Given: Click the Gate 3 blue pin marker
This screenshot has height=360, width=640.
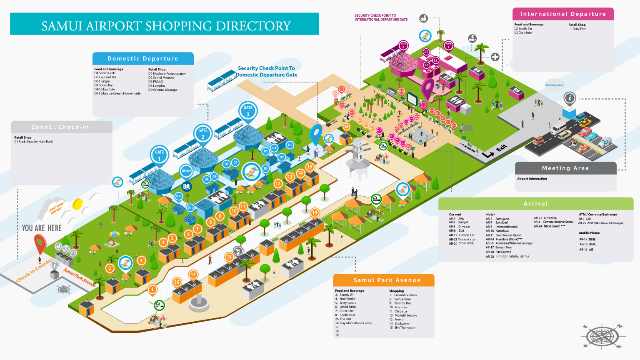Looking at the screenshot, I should (x=248, y=111).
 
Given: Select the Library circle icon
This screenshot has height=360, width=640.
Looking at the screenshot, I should (x=186, y=170).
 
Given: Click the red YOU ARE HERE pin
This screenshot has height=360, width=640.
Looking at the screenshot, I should (x=40, y=243).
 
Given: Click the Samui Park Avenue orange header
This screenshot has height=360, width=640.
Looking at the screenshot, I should (x=384, y=280).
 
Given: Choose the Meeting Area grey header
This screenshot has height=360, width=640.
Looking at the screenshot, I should (x=565, y=168).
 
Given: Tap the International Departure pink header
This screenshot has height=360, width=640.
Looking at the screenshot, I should (x=563, y=14).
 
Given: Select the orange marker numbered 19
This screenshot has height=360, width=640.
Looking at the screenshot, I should (x=315, y=213).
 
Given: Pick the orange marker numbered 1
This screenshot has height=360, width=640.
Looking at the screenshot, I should (x=152, y=290).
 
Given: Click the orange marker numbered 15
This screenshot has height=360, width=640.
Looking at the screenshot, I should (x=310, y=167).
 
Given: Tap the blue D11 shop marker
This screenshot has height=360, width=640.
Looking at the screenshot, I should (x=179, y=196).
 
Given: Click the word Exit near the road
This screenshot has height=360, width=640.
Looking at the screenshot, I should (x=501, y=147).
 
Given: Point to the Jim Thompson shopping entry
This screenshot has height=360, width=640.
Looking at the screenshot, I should (x=405, y=327).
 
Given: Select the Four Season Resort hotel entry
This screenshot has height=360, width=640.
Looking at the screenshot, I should (x=508, y=235).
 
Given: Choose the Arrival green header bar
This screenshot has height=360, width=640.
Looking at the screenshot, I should (x=536, y=204).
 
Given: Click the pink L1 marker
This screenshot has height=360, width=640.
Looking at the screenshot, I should (x=426, y=52).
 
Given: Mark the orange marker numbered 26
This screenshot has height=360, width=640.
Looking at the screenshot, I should (x=346, y=127).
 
